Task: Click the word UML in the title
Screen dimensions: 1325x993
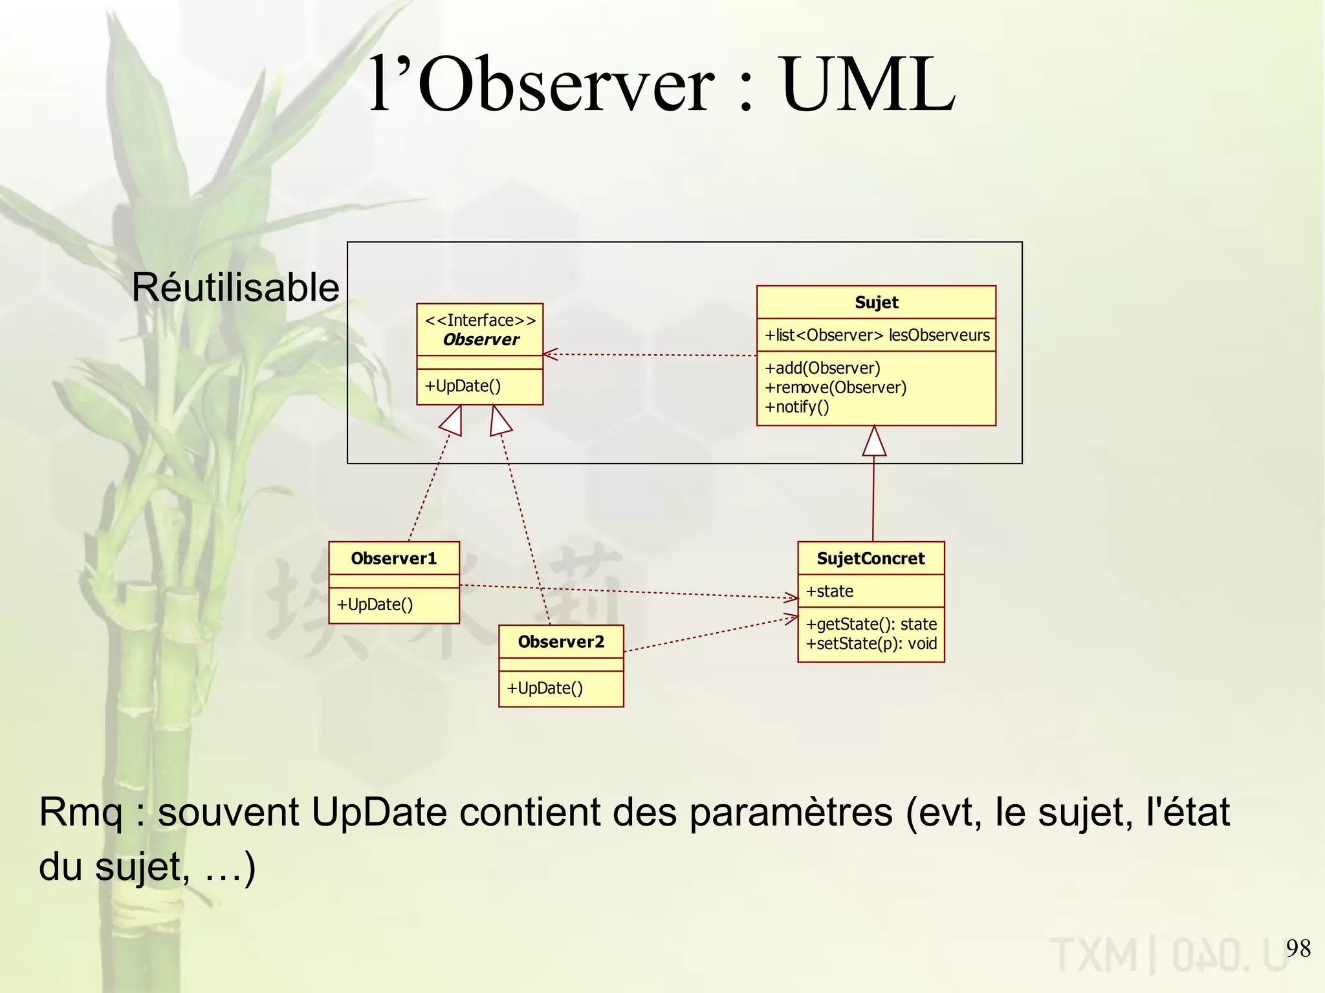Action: [x=868, y=85]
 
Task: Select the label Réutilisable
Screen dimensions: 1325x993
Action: [x=235, y=287]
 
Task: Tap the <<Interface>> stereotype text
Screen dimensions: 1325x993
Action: [x=480, y=320]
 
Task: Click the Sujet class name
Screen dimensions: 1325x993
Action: [x=876, y=303]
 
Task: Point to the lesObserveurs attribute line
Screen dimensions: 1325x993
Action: [x=877, y=335]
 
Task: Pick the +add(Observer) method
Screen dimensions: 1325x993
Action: [x=822, y=368]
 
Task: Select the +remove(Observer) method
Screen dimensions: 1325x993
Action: [x=835, y=387]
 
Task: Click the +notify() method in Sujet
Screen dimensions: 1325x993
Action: [x=796, y=407]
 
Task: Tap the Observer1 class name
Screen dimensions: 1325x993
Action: [x=393, y=559]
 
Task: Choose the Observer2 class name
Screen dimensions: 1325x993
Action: [x=561, y=642]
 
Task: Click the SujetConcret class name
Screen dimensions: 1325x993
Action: [x=871, y=559]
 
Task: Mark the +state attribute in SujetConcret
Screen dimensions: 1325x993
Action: [x=829, y=591]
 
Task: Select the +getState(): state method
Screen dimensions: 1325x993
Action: [x=871, y=624]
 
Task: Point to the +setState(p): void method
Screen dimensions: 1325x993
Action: [x=871, y=643]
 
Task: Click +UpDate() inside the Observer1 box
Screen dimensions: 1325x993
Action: [x=375, y=604]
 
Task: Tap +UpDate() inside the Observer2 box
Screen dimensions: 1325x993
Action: [x=545, y=688]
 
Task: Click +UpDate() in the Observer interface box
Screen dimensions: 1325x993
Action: [x=463, y=386]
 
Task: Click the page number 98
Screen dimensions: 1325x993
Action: [x=1298, y=948]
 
